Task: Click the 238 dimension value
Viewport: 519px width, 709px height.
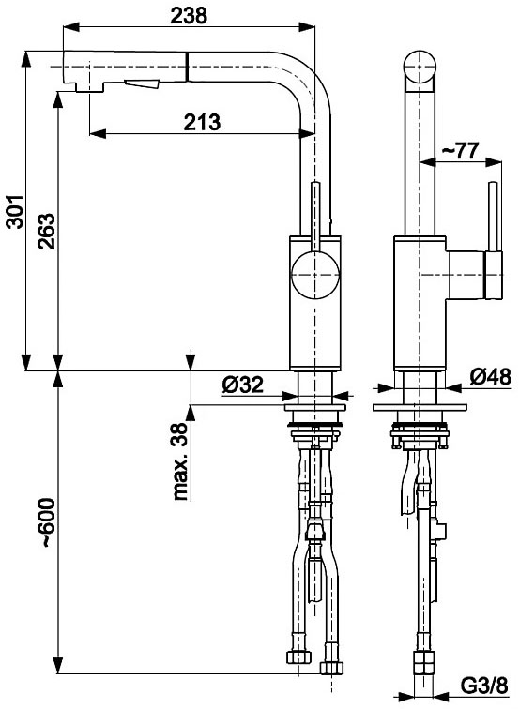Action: coord(189,15)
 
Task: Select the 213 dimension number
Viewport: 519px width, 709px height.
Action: coord(203,122)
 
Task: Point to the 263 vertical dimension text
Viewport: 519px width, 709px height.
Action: coord(47,231)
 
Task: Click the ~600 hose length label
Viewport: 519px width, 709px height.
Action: coord(48,523)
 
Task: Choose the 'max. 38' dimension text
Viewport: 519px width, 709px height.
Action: coord(180,461)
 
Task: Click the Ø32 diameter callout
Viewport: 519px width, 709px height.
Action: coord(242,385)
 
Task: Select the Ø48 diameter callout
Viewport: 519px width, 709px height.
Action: coord(491,377)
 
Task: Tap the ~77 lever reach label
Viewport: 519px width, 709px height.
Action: coord(460,150)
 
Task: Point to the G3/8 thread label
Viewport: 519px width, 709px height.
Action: coord(484,686)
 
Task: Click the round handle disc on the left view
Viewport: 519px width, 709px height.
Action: coord(315,275)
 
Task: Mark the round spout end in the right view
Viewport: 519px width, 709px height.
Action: coord(420,67)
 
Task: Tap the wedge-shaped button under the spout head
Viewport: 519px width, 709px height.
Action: coord(143,84)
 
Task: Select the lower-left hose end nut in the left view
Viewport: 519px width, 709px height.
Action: coord(299,657)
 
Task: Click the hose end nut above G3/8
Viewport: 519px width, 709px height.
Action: coord(424,663)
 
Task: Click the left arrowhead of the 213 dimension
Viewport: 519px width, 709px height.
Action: coord(98,133)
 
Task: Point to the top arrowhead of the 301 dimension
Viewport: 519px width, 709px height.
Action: coord(26,60)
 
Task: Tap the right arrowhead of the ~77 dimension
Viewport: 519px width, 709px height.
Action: coord(494,161)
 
